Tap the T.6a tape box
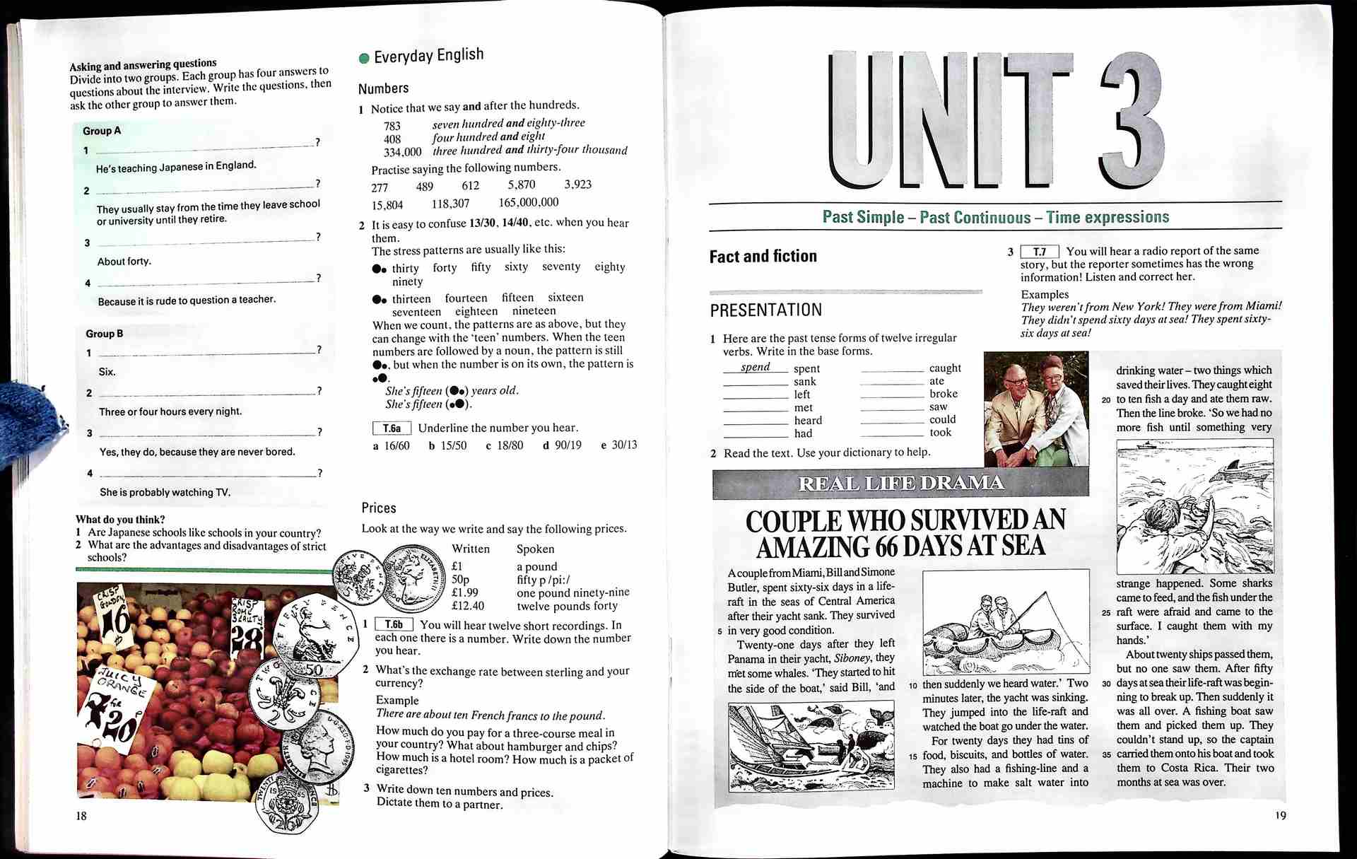pos(392,428)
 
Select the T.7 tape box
pos(1040,252)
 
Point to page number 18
pos(81,816)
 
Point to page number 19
pos(1281,815)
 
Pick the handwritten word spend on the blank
pos(755,367)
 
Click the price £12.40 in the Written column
pos(468,606)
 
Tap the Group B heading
pos(105,334)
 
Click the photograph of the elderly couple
pos(1036,409)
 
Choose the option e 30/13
pos(619,445)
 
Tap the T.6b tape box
pos(394,625)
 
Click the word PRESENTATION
pos(765,310)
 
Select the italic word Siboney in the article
pos(853,658)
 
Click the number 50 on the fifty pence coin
pos(315,670)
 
